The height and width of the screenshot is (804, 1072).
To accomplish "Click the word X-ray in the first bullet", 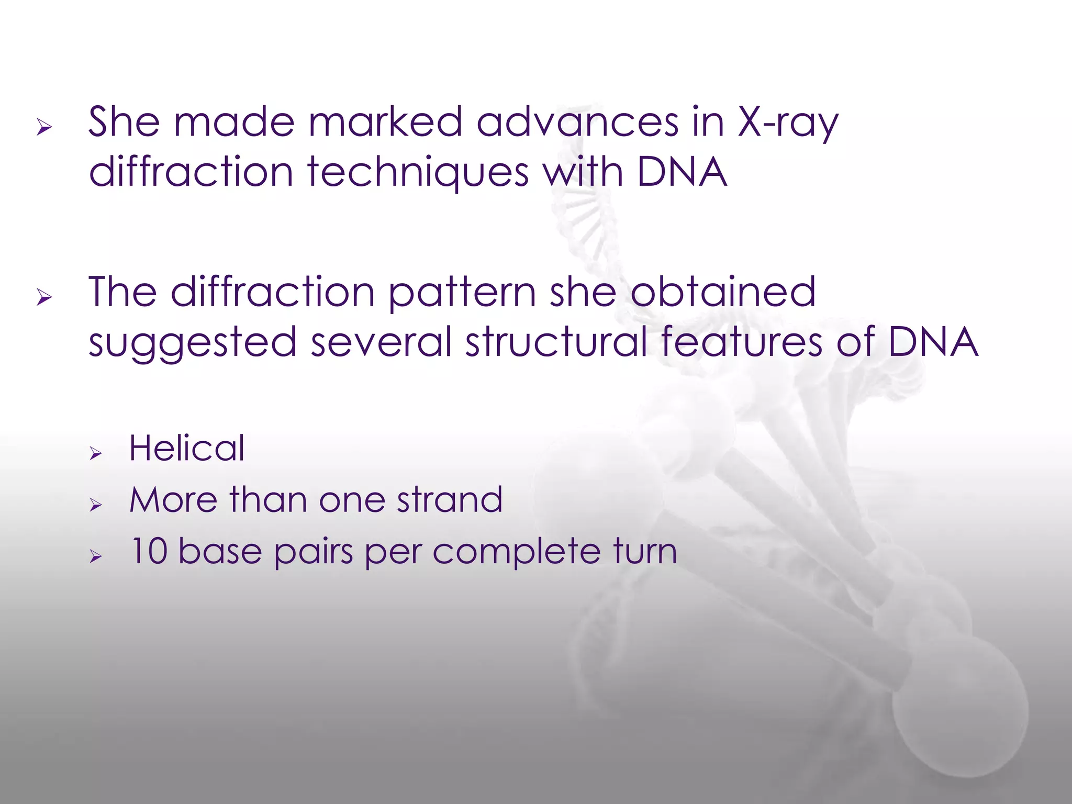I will [x=788, y=123].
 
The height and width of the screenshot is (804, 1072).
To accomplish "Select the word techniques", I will [x=418, y=173].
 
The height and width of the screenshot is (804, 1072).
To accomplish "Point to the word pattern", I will [x=462, y=293].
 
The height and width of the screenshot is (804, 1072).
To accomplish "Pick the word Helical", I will [x=187, y=449].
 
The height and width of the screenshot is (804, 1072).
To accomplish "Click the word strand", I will [x=450, y=500].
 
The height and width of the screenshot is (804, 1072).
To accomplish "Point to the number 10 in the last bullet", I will [x=148, y=551].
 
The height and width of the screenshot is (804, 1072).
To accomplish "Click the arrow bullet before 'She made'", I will [x=44, y=127].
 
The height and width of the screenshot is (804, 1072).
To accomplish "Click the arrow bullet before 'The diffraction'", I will [x=44, y=297].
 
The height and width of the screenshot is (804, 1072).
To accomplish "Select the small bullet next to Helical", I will [x=95, y=453].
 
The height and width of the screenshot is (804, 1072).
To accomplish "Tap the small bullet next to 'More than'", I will [x=95, y=505].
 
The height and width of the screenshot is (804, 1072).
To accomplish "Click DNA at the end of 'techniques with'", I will [x=682, y=173].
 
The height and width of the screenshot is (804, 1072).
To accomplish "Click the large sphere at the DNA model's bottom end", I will [x=961, y=712].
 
